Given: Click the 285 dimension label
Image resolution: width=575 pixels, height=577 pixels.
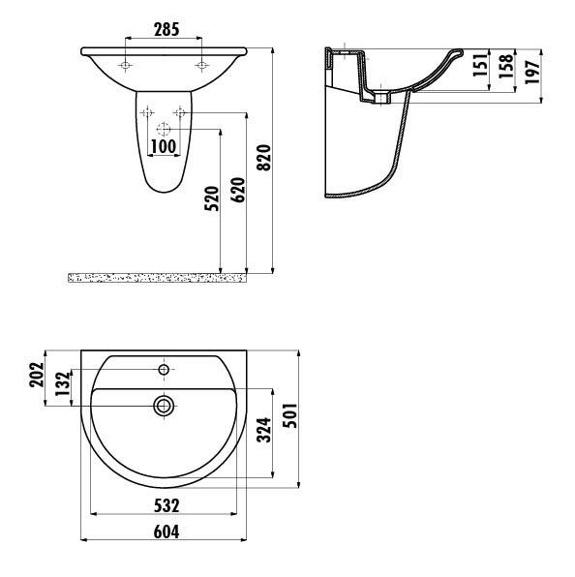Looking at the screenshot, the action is (x=166, y=29).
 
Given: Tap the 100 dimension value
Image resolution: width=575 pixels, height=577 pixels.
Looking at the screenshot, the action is (x=164, y=147).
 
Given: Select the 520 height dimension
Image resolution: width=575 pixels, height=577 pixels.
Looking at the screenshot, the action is (x=212, y=198).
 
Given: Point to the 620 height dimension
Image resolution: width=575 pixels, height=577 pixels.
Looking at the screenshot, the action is (x=237, y=190).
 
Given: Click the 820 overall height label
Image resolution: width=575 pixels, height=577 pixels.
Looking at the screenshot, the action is (x=263, y=158).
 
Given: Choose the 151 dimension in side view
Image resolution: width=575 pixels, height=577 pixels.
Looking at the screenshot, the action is (x=480, y=66).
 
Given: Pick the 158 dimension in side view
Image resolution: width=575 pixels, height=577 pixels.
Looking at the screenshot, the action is (x=506, y=66).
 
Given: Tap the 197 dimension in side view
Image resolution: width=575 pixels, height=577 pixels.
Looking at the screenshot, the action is (x=532, y=72).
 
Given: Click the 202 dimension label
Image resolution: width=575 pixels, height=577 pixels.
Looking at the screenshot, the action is (x=37, y=375).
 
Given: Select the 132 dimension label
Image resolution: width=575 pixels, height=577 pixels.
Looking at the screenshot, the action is (x=63, y=383).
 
